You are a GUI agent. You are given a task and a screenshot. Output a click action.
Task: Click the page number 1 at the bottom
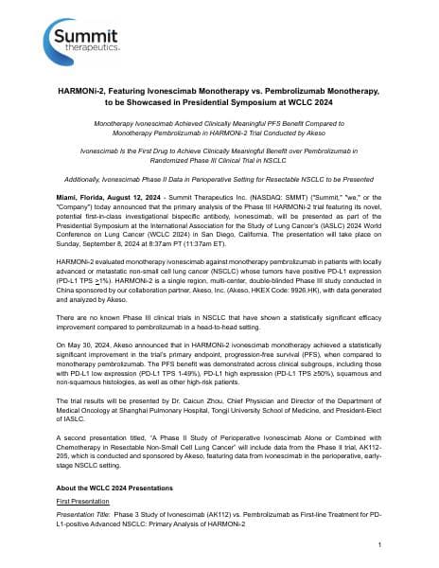378,546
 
